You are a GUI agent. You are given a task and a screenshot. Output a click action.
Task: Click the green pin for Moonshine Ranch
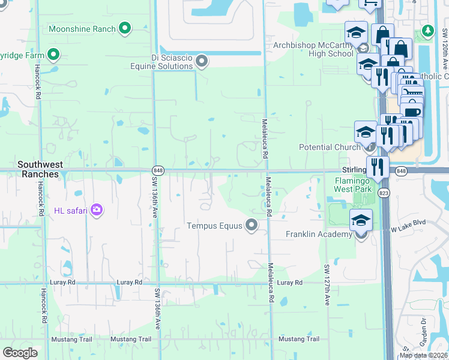coord(125,28)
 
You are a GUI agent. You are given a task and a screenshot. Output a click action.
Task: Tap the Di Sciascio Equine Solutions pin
coord(202,60)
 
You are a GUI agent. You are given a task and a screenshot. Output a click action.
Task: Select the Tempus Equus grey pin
coord(252,226)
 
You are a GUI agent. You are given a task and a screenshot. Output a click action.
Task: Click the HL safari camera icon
coord(97,209)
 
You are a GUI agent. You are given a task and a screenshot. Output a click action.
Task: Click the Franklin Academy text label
coord(318,234)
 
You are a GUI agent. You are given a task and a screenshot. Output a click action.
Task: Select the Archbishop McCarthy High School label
coord(313,49)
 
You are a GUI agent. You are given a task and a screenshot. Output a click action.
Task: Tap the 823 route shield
coord(384,192)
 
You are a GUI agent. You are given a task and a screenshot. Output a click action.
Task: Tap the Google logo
coord(20,352)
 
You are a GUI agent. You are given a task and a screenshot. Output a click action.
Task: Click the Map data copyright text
coord(423,355)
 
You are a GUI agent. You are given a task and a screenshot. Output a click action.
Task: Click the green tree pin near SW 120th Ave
coord(427,31)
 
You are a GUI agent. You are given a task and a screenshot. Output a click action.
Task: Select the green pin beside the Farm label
coord(53,56)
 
